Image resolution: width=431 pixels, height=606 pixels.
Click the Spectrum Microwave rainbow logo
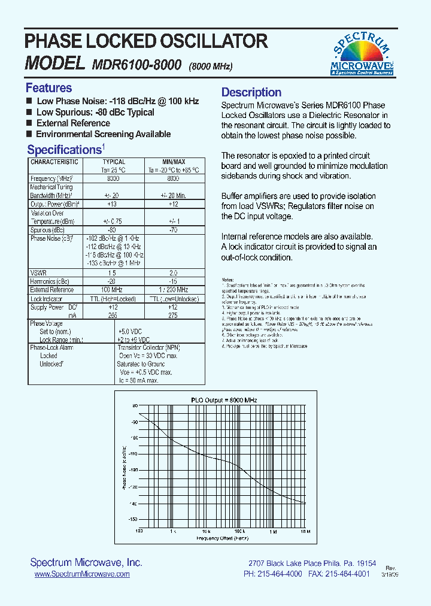click(x=362, y=54)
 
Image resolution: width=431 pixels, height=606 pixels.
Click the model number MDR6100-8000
click(x=137, y=65)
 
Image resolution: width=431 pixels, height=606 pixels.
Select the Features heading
click(x=48, y=88)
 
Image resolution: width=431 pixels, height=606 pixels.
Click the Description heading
click(x=251, y=92)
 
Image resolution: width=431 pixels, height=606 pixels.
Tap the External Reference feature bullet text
click(x=73, y=123)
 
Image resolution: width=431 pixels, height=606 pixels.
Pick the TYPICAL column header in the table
click(x=114, y=162)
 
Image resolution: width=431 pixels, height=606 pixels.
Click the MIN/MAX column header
click(x=174, y=162)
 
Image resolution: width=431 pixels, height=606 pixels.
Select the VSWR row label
click(x=38, y=272)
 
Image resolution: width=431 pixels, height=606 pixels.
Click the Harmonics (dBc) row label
click(x=50, y=281)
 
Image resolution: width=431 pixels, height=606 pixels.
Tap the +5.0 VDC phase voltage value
click(x=130, y=332)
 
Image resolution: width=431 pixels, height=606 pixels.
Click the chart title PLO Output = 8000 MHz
click(x=223, y=399)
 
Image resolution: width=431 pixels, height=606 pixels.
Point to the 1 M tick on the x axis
click(x=272, y=531)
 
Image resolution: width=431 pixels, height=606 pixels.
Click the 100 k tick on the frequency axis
click(x=239, y=531)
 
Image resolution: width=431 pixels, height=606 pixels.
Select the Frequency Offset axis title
click(x=222, y=538)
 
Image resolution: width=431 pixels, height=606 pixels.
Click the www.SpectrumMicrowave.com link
click(x=82, y=574)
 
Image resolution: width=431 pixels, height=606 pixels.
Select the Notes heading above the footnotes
click(x=228, y=280)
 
